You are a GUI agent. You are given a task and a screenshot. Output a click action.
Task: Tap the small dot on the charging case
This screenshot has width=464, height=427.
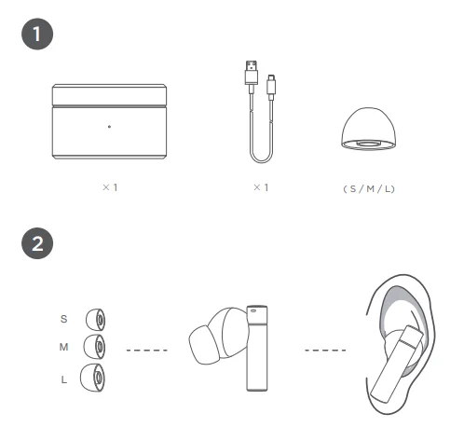109,126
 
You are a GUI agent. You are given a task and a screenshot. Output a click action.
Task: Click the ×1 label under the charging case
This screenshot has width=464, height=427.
109,187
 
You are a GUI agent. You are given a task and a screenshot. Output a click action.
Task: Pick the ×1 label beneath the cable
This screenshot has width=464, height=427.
261,187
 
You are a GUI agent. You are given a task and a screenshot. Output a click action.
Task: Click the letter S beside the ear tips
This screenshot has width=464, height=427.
63,318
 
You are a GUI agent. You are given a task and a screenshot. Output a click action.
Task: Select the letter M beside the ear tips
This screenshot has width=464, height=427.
63,348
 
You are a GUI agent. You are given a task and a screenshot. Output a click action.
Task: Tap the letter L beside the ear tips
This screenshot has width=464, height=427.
63,379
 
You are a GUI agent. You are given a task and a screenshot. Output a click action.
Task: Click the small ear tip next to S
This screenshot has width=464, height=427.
95,318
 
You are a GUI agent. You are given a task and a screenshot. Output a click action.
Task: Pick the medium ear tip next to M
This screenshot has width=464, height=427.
95,348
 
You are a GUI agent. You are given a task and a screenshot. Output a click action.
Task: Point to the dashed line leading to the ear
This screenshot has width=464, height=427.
325,351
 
